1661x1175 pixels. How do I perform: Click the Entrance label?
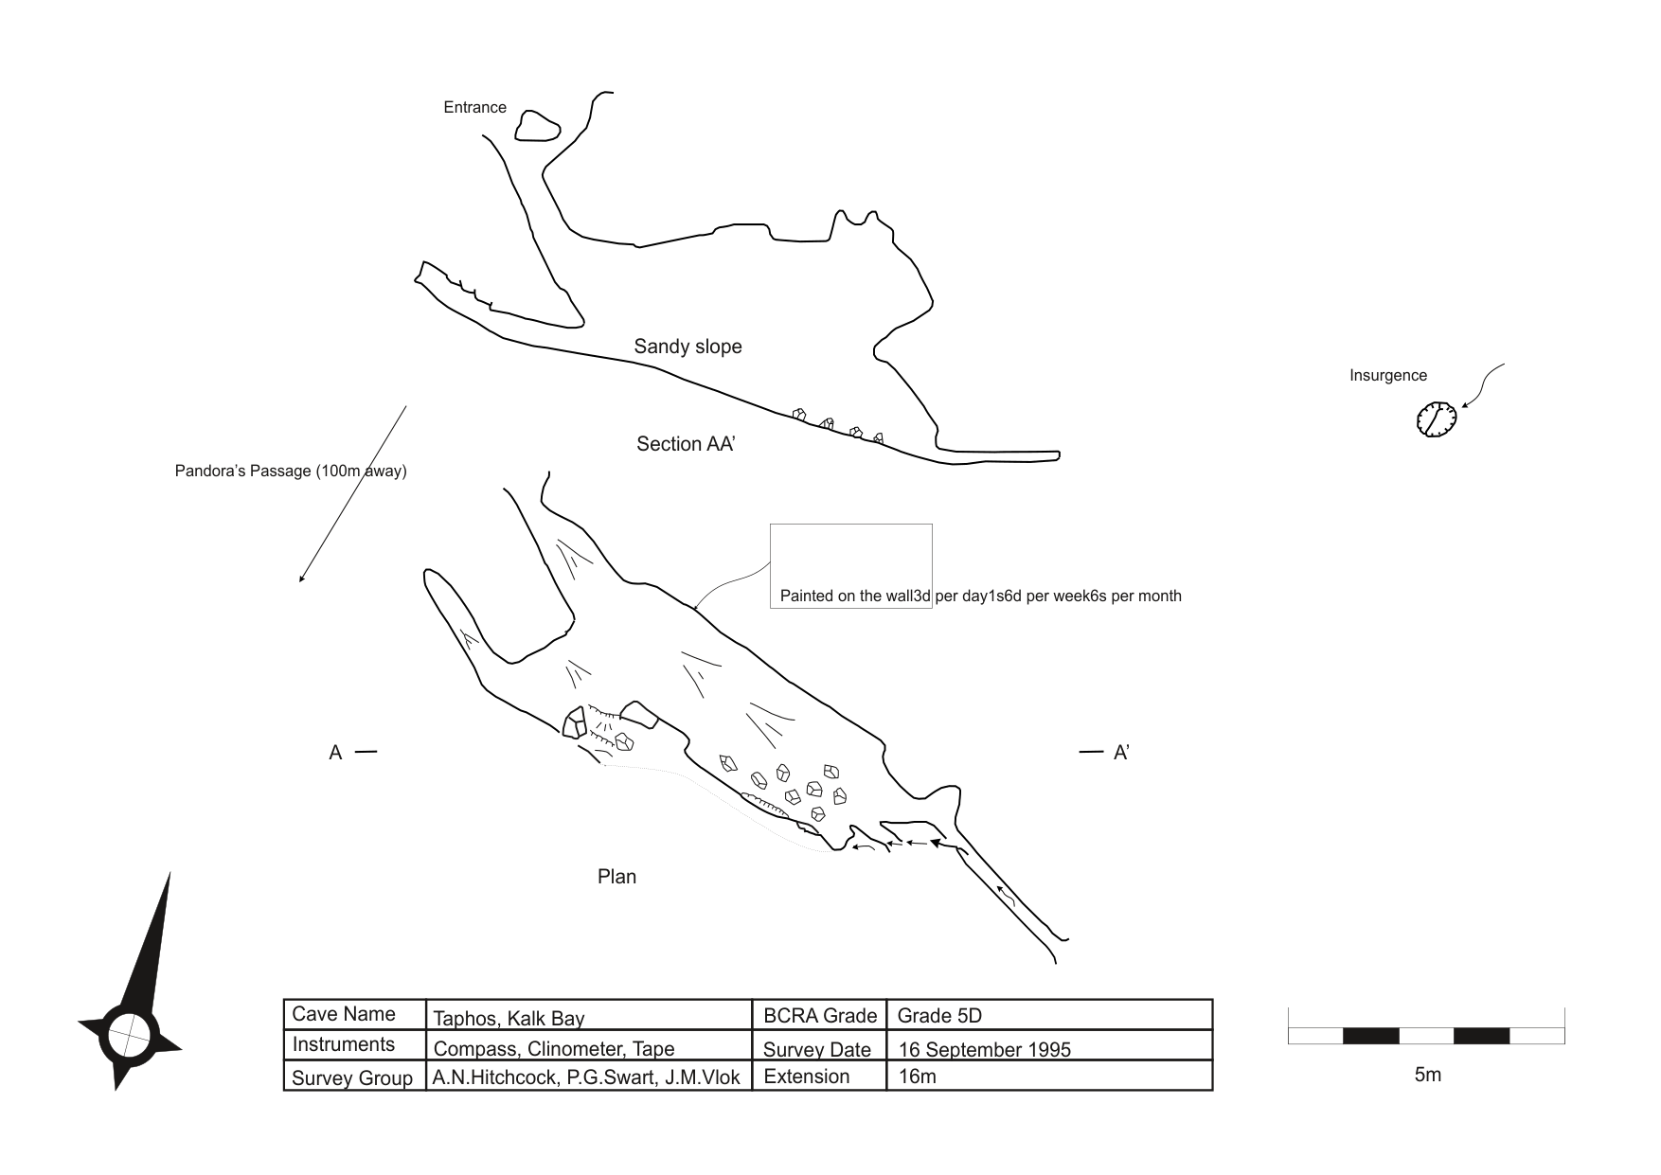pos(474,108)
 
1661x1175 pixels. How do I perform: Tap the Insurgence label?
pos(1387,376)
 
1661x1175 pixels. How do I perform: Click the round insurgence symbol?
pos(1436,418)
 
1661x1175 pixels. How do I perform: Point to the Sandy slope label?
pos(688,347)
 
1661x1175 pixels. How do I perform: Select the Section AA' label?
pos(686,444)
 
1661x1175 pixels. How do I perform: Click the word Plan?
pos(616,877)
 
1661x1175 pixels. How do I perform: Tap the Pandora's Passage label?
pos(290,471)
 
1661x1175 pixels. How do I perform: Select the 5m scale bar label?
pos(1427,1075)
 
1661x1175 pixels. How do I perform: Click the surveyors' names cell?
pos(586,1077)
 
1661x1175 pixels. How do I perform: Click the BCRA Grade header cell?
pos(819,1016)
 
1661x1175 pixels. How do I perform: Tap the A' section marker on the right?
pos(1120,753)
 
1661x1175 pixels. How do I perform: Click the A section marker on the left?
pos(335,753)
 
